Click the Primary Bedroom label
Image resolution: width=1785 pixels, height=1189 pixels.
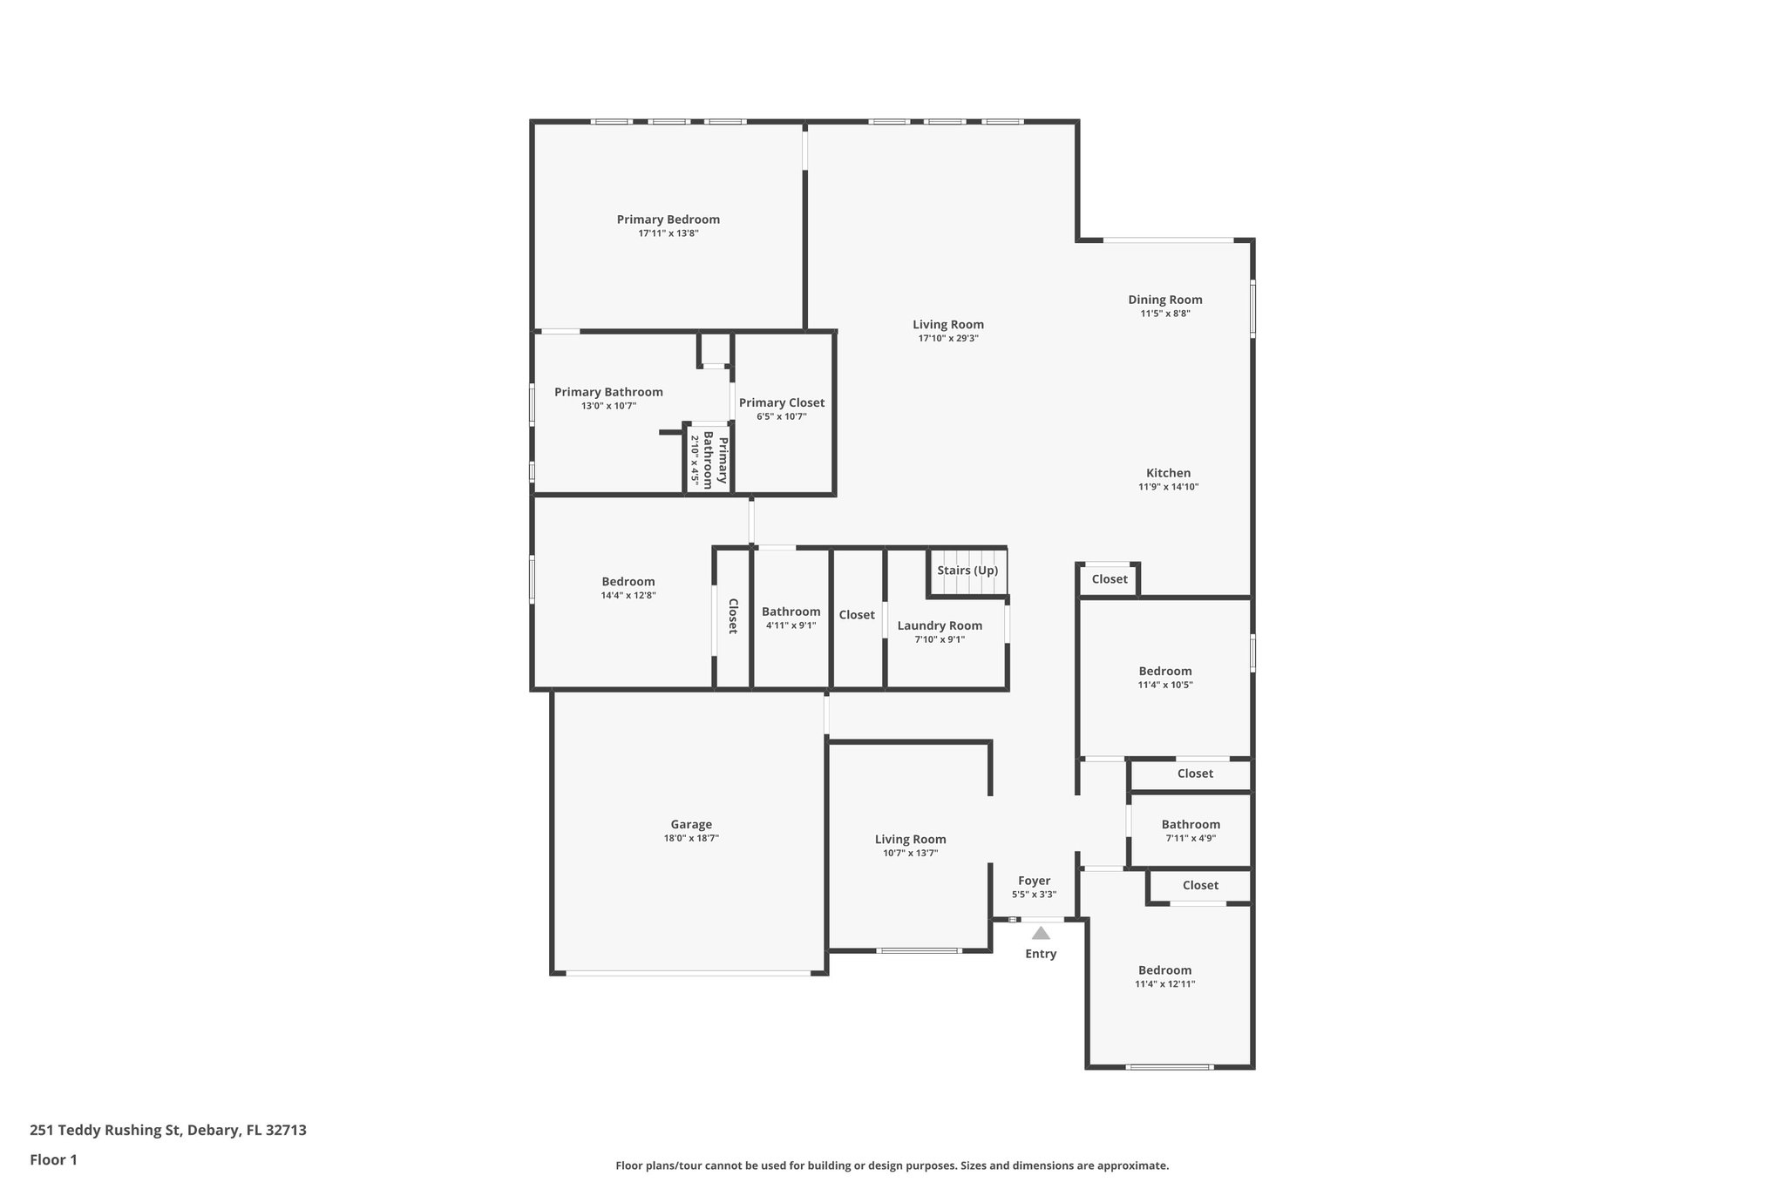click(x=668, y=220)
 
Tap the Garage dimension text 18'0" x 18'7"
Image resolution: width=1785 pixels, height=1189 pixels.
click(x=691, y=838)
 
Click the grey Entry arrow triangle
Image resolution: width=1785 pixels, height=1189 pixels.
click(x=1041, y=933)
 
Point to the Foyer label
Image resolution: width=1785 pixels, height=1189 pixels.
click(x=1035, y=881)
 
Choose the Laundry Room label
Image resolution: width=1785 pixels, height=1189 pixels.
click(x=940, y=625)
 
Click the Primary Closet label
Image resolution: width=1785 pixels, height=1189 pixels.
click(x=781, y=402)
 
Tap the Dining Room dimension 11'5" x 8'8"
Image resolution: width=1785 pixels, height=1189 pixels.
click(x=1165, y=314)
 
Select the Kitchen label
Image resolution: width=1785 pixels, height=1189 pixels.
click(x=1168, y=473)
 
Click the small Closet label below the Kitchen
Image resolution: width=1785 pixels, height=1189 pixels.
click(x=1110, y=579)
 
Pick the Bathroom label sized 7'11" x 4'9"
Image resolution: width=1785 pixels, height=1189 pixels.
click(x=1191, y=824)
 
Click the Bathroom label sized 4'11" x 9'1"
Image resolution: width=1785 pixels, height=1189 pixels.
click(x=791, y=611)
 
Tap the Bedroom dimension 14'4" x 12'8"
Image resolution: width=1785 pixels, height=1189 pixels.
click(x=628, y=596)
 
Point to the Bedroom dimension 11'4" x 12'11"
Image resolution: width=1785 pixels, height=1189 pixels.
click(x=1164, y=984)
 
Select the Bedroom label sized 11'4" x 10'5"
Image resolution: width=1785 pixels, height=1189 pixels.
click(x=1164, y=671)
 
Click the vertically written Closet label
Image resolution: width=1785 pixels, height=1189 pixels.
click(x=733, y=616)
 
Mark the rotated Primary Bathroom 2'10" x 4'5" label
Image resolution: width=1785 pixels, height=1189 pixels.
click(x=708, y=459)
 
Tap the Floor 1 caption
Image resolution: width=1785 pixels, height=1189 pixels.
click(x=53, y=1160)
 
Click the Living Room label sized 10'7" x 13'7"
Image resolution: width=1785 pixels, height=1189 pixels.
click(x=910, y=840)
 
